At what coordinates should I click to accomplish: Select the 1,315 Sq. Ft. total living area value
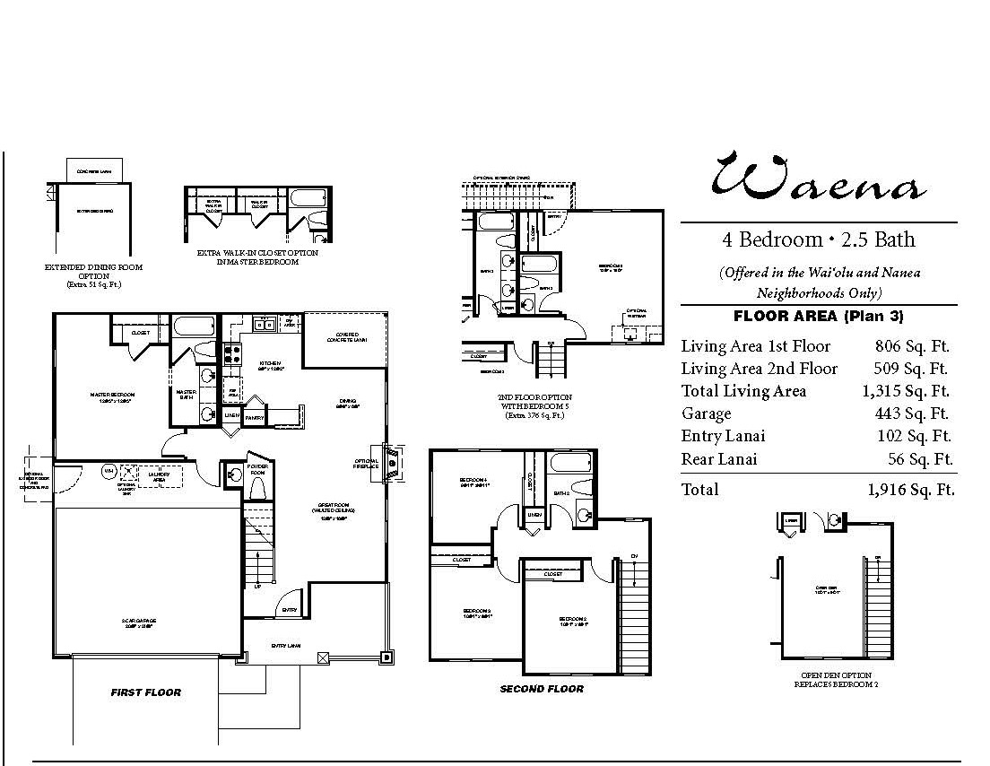click(x=907, y=391)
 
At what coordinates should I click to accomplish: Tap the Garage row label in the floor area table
click(x=706, y=413)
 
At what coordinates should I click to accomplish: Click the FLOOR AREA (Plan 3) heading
click(x=818, y=316)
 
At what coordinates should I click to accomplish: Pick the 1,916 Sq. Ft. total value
click(x=910, y=490)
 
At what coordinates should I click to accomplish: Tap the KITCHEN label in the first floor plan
click(x=272, y=364)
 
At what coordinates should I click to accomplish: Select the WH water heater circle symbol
click(x=109, y=470)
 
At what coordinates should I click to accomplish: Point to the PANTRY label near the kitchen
click(x=254, y=417)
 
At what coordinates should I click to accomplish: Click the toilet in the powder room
click(x=256, y=487)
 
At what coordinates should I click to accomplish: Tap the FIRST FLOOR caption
click(x=145, y=692)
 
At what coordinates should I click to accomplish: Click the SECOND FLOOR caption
click(x=542, y=689)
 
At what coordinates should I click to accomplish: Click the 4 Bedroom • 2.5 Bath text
click(x=819, y=239)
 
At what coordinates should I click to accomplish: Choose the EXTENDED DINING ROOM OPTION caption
click(x=93, y=272)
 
